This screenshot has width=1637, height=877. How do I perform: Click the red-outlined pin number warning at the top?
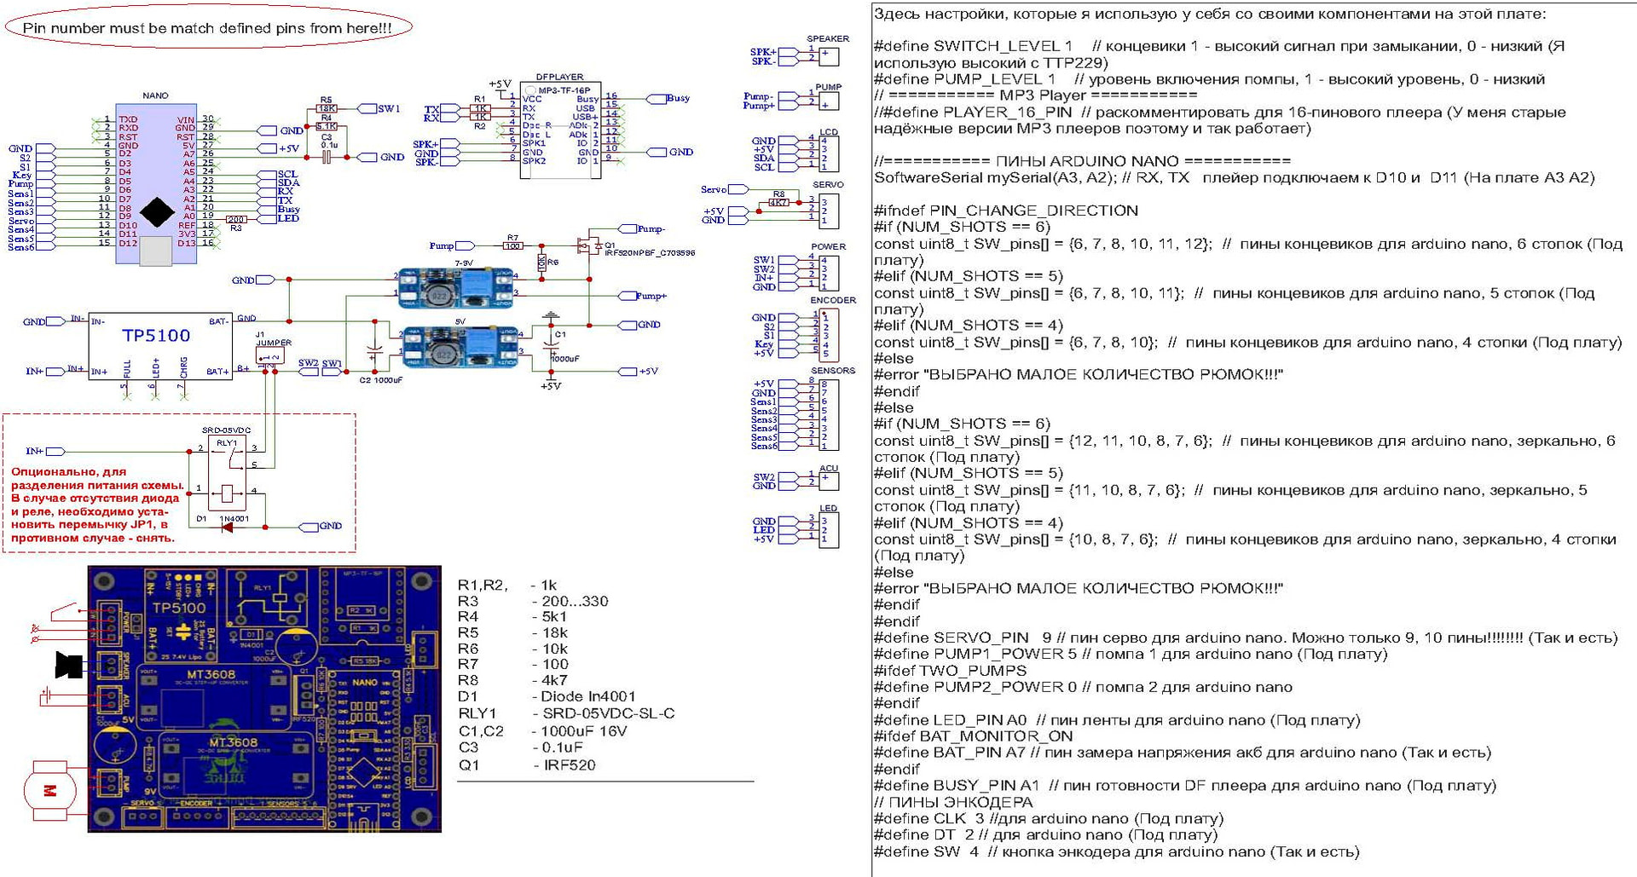pyautogui.click(x=208, y=27)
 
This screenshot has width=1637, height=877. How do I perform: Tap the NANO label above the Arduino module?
pyautogui.click(x=155, y=95)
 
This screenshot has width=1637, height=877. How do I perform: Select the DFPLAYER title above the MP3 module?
pyautogui.click(x=559, y=77)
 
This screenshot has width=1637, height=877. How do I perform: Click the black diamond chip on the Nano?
pyautogui.click(x=157, y=212)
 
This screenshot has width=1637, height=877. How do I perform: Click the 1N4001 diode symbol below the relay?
pyautogui.click(x=227, y=528)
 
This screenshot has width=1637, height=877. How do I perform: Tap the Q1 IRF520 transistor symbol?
pyautogui.click(x=587, y=245)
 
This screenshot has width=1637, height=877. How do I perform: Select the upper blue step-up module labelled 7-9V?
pyautogui.click(x=457, y=287)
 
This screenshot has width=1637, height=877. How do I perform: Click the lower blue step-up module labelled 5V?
pyautogui.click(x=460, y=347)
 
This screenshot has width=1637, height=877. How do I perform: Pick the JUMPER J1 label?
pyautogui.click(x=273, y=343)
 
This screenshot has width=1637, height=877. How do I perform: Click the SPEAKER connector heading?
pyautogui.click(x=827, y=38)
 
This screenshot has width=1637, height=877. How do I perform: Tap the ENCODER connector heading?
pyautogui.click(x=832, y=300)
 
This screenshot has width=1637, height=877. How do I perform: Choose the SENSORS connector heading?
pyautogui.click(x=832, y=371)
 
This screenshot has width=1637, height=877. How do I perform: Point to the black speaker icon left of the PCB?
pyautogui.click(x=68, y=665)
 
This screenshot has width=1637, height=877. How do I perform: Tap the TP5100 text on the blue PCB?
pyautogui.click(x=178, y=608)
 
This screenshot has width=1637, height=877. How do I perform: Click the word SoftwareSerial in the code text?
pyautogui.click(x=928, y=177)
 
